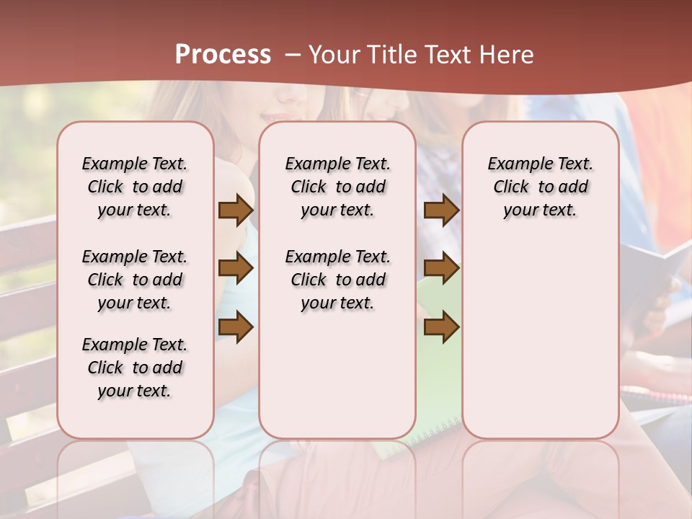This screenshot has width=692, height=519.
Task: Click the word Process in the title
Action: click(x=223, y=54)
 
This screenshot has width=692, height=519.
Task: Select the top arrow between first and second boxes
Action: click(x=236, y=210)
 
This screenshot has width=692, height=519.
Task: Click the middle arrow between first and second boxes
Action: click(x=236, y=269)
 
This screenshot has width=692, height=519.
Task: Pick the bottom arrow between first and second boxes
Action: click(x=236, y=327)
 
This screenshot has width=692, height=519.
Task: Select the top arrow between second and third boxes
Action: click(x=441, y=210)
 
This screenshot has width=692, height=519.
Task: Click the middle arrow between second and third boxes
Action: click(x=441, y=269)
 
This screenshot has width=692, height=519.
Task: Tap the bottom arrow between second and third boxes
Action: click(x=441, y=327)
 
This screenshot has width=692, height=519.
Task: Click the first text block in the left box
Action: click(x=135, y=187)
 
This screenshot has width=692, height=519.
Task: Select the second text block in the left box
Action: click(x=135, y=280)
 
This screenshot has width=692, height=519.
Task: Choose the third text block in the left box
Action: click(x=135, y=368)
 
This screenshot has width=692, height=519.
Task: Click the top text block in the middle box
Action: click(x=337, y=187)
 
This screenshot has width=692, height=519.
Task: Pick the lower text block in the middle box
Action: click(x=337, y=280)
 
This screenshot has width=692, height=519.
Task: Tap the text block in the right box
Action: click(x=540, y=187)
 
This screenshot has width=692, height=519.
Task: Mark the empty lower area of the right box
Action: click(x=540, y=339)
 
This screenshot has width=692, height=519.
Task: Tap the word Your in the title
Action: click(x=332, y=55)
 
